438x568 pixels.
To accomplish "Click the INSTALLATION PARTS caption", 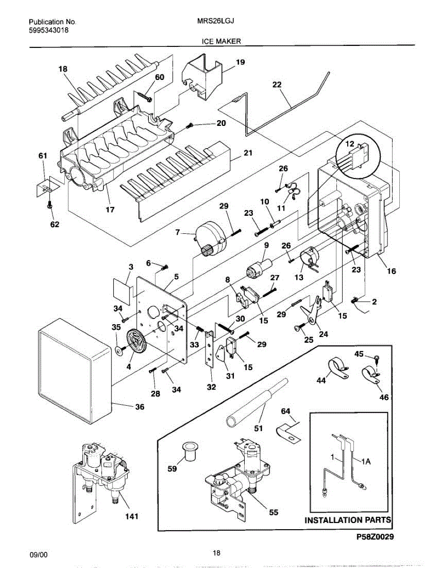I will click(348, 520).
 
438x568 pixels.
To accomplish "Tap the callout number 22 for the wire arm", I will click(277, 85).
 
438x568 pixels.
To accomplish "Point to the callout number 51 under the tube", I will click(258, 429).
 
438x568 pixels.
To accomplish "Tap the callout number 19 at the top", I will click(240, 62).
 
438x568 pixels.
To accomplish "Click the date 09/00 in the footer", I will click(38, 554).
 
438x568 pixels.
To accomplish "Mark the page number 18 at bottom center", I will click(216, 552).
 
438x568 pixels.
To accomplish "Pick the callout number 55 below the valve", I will click(274, 512).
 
